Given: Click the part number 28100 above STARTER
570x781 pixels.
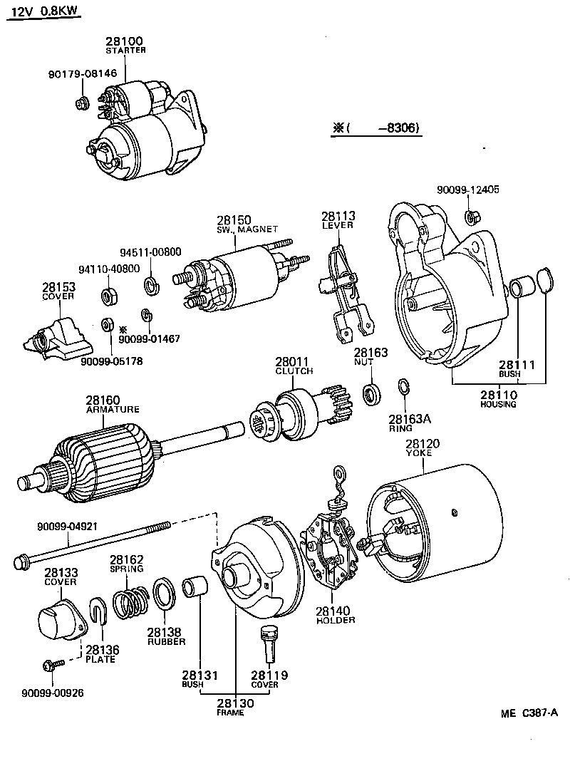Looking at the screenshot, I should pyautogui.click(x=125, y=42).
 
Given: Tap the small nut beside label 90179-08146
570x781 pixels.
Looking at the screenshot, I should pyautogui.click(x=82, y=103).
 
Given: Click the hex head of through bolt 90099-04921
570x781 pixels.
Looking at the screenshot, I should pyautogui.click(x=21, y=562).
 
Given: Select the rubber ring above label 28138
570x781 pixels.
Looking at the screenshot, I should pyautogui.click(x=164, y=596).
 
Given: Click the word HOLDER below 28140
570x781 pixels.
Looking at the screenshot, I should pyautogui.click(x=336, y=620).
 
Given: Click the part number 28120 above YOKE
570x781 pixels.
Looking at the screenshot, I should pyautogui.click(x=423, y=443).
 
